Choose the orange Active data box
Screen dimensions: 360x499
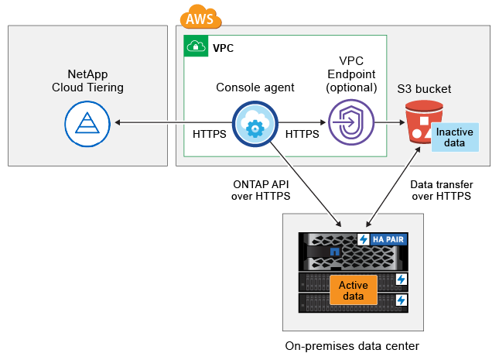pos(354,290)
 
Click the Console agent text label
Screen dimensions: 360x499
pos(255,87)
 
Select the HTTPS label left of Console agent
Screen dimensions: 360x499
pos(209,134)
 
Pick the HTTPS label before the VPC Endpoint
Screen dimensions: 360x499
pos(302,134)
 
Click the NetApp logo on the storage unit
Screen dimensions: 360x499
pos(334,252)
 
